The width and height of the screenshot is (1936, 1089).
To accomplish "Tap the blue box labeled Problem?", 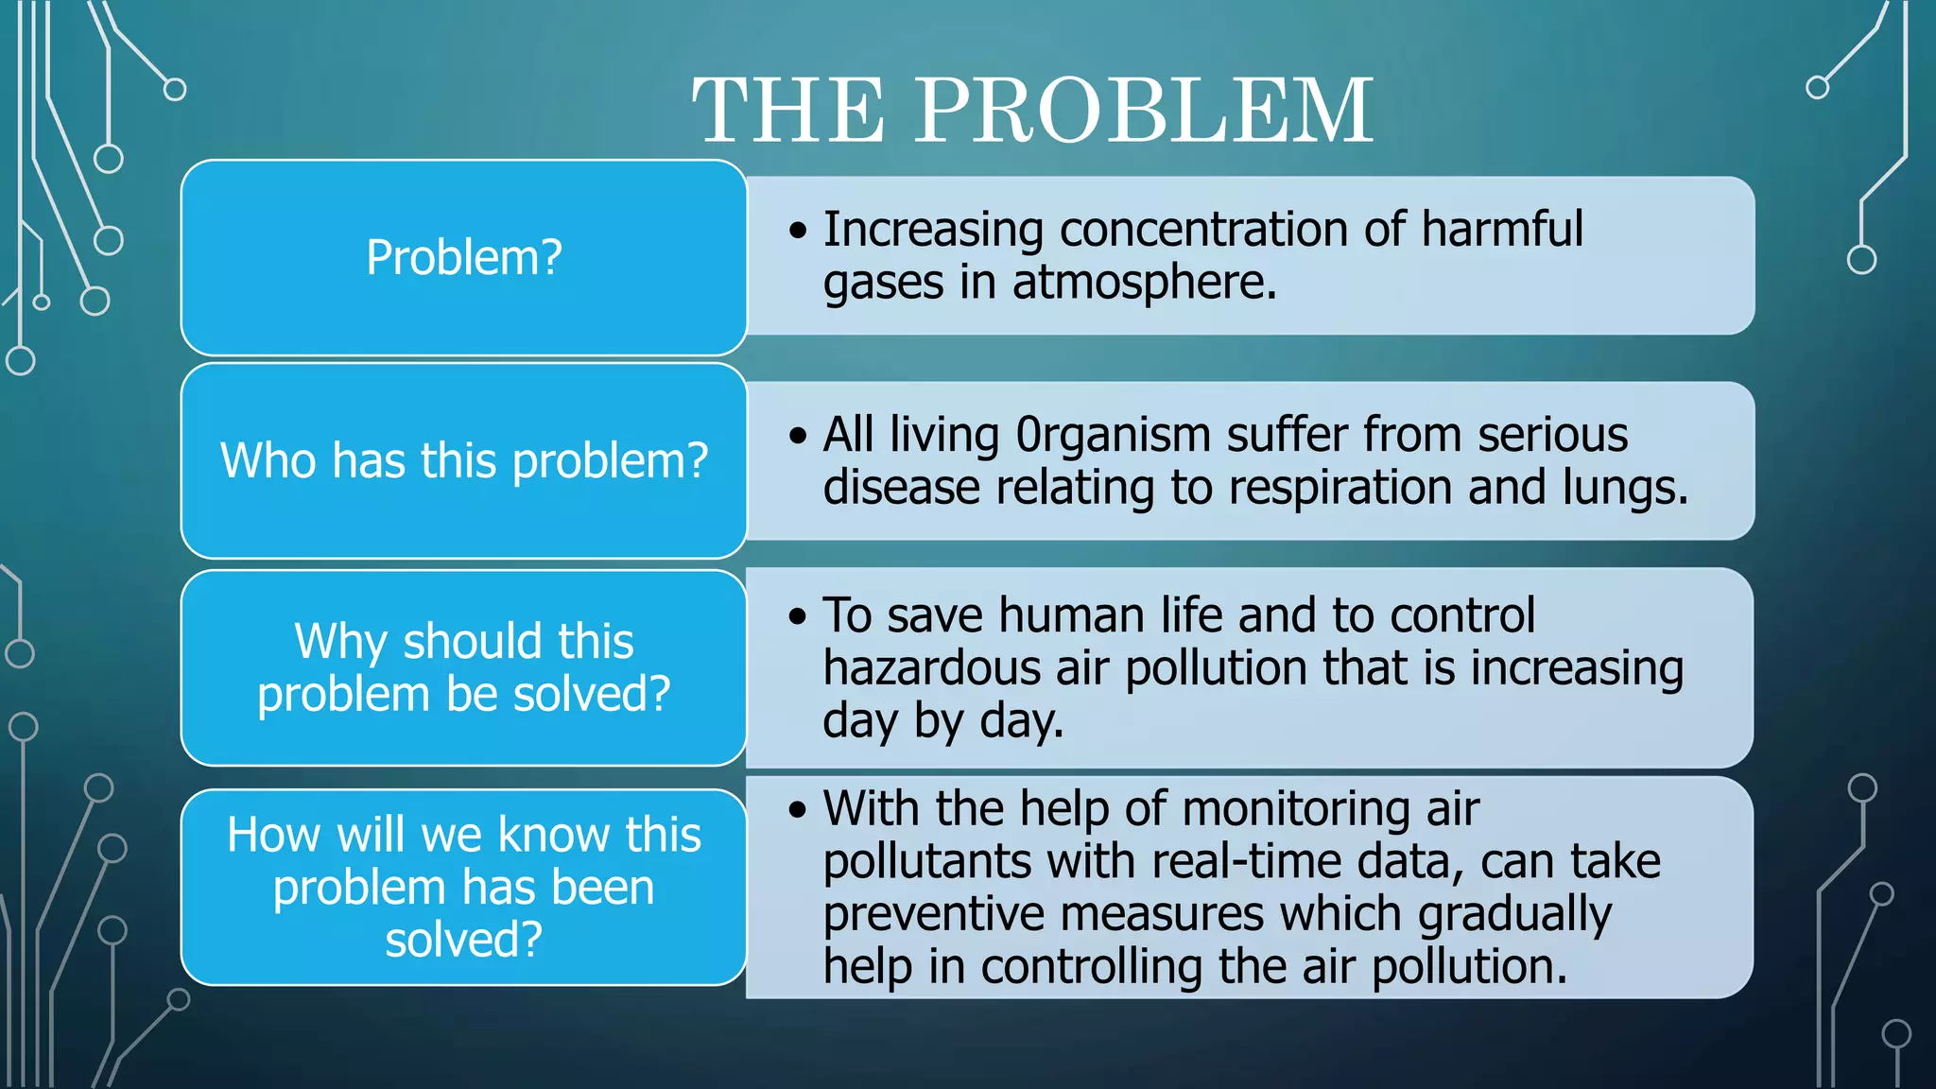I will (464, 257).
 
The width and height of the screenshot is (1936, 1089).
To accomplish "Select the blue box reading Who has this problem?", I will (464, 460).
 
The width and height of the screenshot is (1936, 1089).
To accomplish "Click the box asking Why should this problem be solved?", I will (464, 667).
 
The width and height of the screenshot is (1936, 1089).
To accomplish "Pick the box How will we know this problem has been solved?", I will (464, 887).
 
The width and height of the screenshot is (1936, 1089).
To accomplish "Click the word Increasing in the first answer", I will (932, 230).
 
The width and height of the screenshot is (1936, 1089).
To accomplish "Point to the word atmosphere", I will (1144, 283).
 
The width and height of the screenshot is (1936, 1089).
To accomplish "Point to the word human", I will (1071, 615).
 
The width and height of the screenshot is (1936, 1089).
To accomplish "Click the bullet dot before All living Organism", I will (799, 436).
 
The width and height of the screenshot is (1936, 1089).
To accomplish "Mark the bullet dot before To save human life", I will (799, 616).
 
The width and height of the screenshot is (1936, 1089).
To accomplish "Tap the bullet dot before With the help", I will (799, 809).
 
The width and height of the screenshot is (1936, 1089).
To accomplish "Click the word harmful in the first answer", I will (1501, 230).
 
